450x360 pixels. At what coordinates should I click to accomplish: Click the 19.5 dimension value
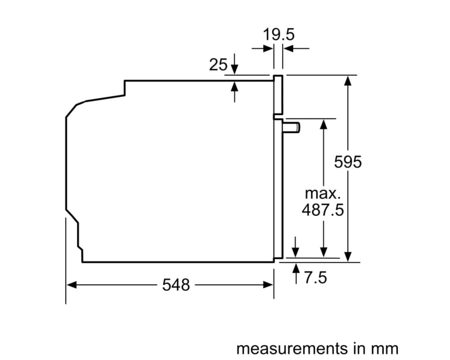click(279, 35)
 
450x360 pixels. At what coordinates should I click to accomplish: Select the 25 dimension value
click(218, 65)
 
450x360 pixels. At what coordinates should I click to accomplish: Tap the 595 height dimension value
click(348, 162)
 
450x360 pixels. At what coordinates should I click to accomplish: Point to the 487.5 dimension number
click(323, 210)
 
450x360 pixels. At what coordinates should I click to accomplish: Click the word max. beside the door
click(323, 193)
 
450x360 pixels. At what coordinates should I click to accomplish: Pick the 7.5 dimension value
click(315, 278)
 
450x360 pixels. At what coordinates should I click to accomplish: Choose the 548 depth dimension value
click(176, 285)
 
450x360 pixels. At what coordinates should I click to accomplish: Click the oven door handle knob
click(291, 127)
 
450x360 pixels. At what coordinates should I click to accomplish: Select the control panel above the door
click(278, 95)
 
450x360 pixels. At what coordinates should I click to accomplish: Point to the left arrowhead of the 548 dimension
click(71, 285)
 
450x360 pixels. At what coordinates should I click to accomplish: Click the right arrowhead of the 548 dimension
click(268, 285)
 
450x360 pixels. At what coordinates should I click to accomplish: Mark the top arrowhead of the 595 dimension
click(348, 81)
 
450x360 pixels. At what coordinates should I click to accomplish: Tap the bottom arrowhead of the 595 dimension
click(348, 256)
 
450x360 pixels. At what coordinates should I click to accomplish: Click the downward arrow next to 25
click(234, 64)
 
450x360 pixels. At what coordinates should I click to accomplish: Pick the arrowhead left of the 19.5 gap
click(267, 49)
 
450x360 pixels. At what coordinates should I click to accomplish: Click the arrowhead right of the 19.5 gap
click(288, 49)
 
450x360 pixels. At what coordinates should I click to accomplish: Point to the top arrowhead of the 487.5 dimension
click(324, 124)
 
